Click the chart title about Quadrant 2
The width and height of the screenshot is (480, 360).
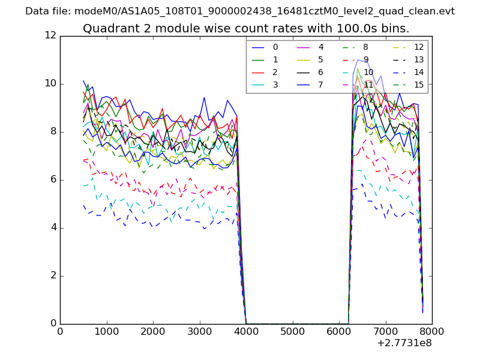click(246, 29)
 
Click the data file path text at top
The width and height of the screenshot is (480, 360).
click(240, 11)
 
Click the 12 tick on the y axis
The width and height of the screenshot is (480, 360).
click(50, 36)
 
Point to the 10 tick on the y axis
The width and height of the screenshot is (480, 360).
click(50, 84)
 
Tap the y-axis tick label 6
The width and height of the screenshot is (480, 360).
click(53, 180)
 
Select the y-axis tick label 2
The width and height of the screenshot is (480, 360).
click(53, 276)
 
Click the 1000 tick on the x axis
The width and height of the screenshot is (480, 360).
click(106, 331)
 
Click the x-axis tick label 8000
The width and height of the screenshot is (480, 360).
click(432, 331)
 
